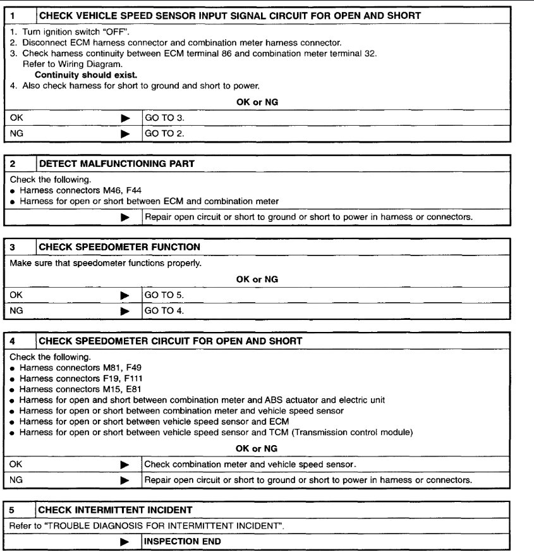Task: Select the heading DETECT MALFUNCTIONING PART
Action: pos(117,164)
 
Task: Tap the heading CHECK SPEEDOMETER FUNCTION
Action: pos(119,247)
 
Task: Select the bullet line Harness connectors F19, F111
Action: pos(66,378)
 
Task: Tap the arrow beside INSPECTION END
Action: pos(125,542)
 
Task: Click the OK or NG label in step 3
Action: pos(257,279)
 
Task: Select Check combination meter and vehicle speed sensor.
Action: pos(250,464)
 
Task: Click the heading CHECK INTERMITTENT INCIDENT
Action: pos(116,510)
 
